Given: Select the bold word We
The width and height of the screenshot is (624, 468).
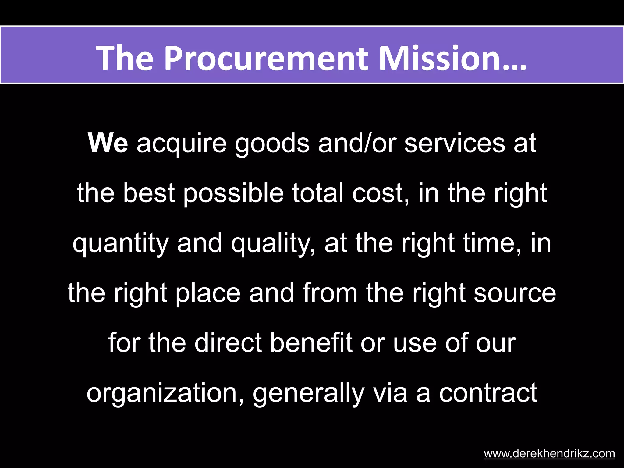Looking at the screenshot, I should (108, 143).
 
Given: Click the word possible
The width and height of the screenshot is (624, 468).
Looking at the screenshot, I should (233, 194).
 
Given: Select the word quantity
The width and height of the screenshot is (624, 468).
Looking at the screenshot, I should (120, 244).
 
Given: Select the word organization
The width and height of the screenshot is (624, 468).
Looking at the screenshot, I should (165, 393).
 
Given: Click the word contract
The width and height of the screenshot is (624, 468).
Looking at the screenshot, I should (488, 393).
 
